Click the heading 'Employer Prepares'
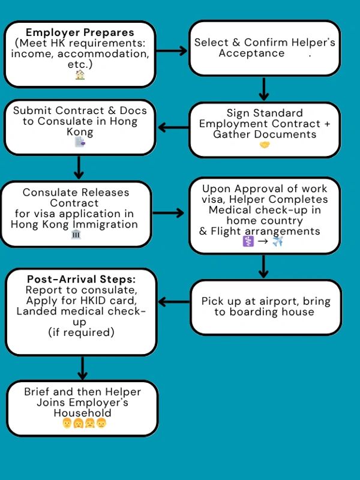tap(80, 32)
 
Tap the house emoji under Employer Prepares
tap(80, 75)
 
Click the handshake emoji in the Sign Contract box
tap(265, 145)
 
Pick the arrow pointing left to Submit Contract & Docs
tap(173, 127)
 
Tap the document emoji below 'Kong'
tap(80, 142)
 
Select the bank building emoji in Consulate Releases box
tap(76, 234)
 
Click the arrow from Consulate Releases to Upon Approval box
tap(170, 212)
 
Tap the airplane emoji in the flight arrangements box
tap(277, 241)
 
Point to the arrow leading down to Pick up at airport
tap(263, 266)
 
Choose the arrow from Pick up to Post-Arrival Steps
tap(173, 302)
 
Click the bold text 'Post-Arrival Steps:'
tap(80, 279)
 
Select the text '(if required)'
tap(80, 332)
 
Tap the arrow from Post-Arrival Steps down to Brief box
tap(82, 367)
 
